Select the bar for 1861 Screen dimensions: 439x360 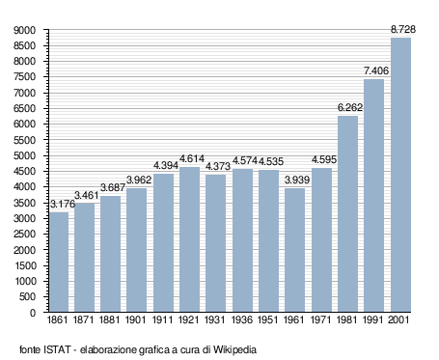[x=59, y=262]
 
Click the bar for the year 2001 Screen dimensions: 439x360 [x=400, y=175]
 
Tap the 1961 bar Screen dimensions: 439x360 [x=294, y=250]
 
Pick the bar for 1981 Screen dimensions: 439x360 [x=347, y=213]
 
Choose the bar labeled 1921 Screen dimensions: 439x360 [x=189, y=239]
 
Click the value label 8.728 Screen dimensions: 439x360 [x=403, y=29]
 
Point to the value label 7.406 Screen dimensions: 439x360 [x=376, y=70]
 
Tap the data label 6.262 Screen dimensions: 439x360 [x=350, y=107]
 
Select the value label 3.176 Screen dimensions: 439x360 [x=63, y=204]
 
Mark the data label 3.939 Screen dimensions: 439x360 [x=297, y=180]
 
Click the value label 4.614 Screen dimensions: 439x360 [x=192, y=158]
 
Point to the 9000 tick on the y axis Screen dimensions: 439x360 [x=24, y=30]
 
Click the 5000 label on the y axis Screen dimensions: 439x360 [x=24, y=155]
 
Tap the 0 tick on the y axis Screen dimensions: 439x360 [x=33, y=313]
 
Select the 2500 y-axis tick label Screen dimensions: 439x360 [x=24, y=235]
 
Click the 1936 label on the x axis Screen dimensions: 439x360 [x=242, y=319]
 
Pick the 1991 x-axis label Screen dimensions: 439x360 [x=373, y=319]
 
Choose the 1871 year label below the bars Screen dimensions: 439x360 [x=83, y=319]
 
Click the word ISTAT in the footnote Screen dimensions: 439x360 [x=57, y=349]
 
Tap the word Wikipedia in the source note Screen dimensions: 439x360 [x=234, y=349]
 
